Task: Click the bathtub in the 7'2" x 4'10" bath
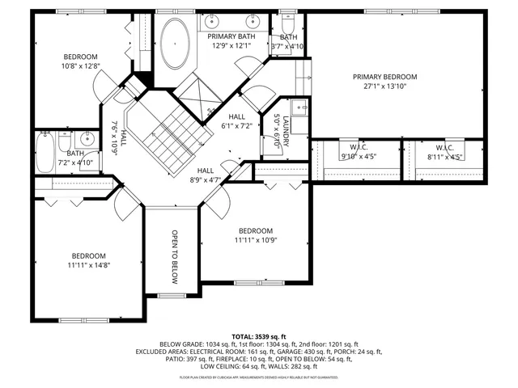coord(45,152)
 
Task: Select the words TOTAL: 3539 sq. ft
coord(258,336)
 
